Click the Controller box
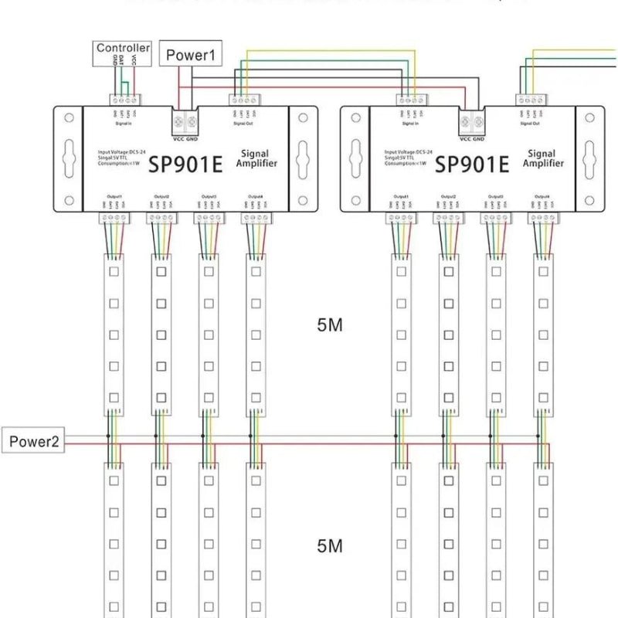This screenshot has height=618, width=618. [123, 48]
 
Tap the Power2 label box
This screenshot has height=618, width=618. [33, 442]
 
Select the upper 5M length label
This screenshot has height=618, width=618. [329, 325]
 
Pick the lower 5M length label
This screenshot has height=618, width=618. [329, 546]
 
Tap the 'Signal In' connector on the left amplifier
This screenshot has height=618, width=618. [124, 100]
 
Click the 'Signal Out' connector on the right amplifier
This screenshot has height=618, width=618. [531, 100]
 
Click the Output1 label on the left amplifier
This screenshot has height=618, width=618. [113, 197]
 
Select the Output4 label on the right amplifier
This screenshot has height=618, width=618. [542, 197]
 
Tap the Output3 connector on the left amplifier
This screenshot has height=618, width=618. [209, 219]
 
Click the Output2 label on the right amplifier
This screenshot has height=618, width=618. [447, 197]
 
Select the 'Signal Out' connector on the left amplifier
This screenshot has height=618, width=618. [243, 100]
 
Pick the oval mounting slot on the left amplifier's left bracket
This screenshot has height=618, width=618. [69, 159]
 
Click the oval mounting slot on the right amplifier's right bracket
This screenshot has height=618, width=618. [590, 159]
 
